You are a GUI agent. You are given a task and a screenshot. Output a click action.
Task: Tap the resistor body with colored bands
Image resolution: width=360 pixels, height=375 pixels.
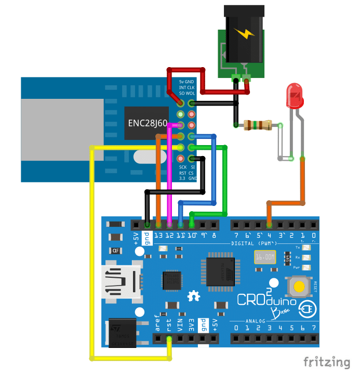tap(258, 125)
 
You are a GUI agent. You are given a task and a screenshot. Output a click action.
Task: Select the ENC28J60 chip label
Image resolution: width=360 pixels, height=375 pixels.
tap(148, 123)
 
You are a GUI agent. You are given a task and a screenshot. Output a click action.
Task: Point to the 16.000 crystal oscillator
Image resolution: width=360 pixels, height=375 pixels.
tap(265, 257)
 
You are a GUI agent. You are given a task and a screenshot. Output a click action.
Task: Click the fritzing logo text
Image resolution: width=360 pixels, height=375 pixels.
tap(327, 361)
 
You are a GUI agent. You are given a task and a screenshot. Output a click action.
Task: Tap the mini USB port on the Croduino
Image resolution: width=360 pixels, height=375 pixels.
tap(121, 283)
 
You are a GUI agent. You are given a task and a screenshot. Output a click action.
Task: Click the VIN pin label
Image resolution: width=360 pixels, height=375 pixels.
tap(181, 325)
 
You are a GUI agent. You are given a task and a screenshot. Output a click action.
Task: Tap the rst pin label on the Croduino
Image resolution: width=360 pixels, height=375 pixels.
tap(169, 325)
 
